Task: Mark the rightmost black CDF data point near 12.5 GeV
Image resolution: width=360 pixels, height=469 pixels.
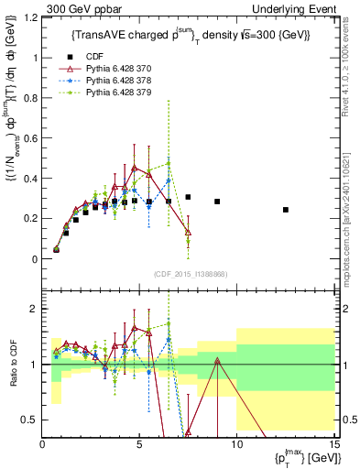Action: pyautogui.click(x=285, y=210)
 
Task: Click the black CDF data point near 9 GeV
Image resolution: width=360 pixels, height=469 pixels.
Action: pyautogui.click(x=217, y=202)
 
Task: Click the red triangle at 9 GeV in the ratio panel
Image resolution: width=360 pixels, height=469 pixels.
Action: pyautogui.click(x=217, y=361)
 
